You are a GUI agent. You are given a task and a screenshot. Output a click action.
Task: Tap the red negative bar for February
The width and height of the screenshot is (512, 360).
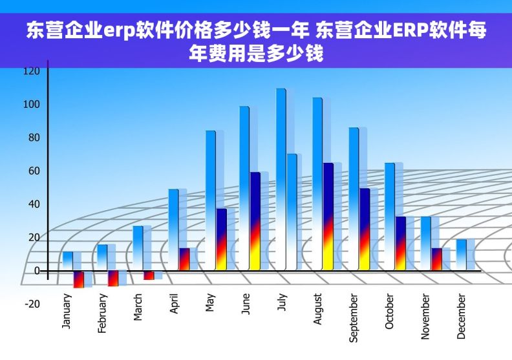pos(112,278)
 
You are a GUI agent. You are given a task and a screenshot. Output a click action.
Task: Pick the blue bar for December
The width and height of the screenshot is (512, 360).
pos(461,255)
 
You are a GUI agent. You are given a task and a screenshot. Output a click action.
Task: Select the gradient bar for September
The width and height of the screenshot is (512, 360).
pos(365,229)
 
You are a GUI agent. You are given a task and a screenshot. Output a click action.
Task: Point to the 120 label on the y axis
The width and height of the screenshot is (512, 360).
pos(32,70)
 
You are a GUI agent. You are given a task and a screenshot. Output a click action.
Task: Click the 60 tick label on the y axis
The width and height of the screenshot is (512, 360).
pos(32,171)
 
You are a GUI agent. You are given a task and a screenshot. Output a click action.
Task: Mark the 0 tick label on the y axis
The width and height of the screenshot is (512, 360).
pos(37,270)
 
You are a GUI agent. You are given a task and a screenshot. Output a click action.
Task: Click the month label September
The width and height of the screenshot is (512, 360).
pos(354,318)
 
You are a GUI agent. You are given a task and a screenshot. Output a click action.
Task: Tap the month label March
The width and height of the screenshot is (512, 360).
pos(138,308)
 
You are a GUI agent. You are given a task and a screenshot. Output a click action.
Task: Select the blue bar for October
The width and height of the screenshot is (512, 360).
pos(389,217)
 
